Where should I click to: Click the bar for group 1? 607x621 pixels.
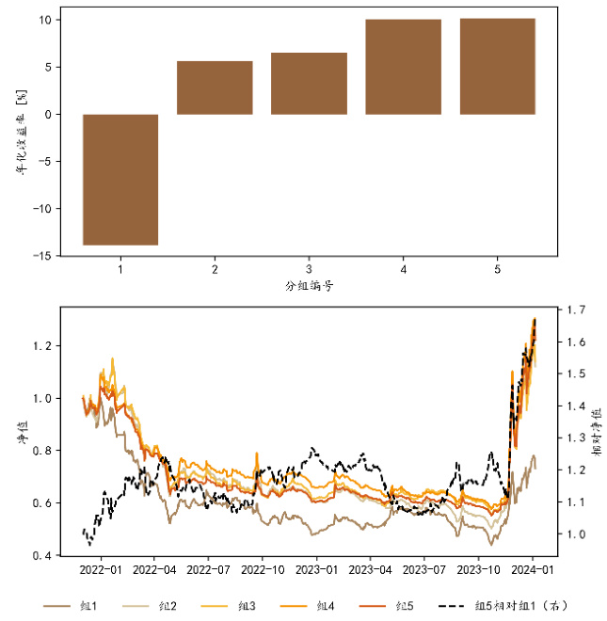[x=120, y=180]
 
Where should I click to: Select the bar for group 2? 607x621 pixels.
[x=215, y=88]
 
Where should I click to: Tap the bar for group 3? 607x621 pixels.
[x=309, y=84]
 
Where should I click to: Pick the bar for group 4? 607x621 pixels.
[x=403, y=67]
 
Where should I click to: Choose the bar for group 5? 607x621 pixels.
[x=497, y=67]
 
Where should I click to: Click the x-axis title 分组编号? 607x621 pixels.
[x=309, y=286]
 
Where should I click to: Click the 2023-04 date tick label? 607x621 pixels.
[x=370, y=569]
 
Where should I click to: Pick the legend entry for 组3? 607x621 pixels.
[x=244, y=605]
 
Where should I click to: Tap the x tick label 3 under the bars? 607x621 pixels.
[x=309, y=270]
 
